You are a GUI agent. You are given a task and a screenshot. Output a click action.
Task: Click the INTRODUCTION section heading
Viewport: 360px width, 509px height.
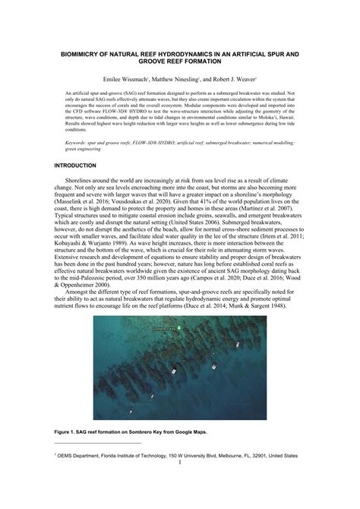pyautogui.click(x=75, y=166)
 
